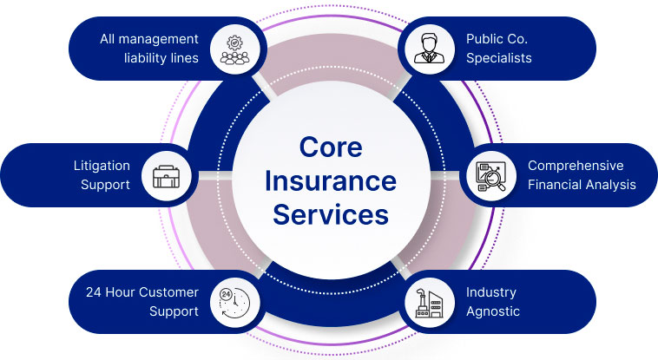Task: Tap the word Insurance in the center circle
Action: pyautogui.click(x=330, y=180)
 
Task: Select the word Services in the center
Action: pyautogui.click(x=330, y=213)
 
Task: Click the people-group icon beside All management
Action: pyautogui.click(x=234, y=49)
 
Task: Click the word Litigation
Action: pyautogui.click(x=102, y=166)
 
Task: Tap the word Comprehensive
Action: pyautogui.click(x=576, y=166)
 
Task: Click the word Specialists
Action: pyautogui.click(x=498, y=58)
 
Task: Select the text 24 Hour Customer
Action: pyautogui.click(x=142, y=292)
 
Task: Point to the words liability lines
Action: pyautogui.click(x=161, y=58)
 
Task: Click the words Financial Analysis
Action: pyautogui.click(x=582, y=184)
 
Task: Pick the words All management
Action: pyautogui.click(x=149, y=39)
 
